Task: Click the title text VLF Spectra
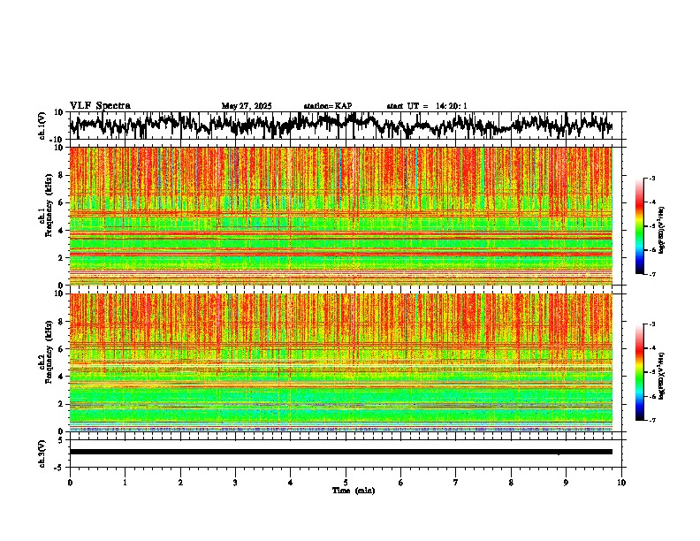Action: [x=100, y=106]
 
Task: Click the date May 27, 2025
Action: [x=247, y=106]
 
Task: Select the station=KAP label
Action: [x=328, y=106]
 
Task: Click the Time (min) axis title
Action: [x=353, y=491]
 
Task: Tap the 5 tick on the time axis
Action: [x=346, y=483]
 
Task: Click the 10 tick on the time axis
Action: [x=621, y=483]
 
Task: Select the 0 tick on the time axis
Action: [x=70, y=483]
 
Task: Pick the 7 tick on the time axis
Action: [x=456, y=483]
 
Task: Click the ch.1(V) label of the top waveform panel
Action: [x=42, y=126]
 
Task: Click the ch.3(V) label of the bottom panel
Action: [x=42, y=451]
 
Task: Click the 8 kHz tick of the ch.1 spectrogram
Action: [x=62, y=175]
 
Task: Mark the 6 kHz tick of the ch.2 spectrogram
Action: [x=62, y=348]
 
